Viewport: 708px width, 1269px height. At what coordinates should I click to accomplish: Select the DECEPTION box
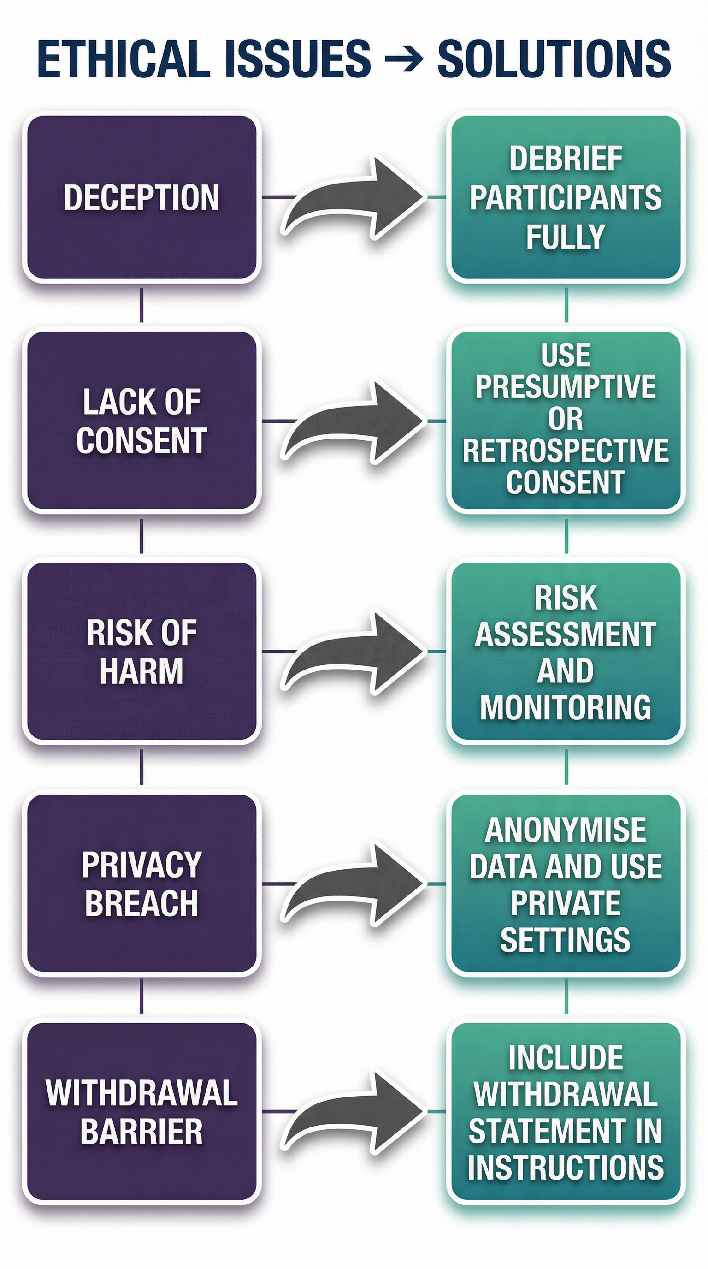coord(142,197)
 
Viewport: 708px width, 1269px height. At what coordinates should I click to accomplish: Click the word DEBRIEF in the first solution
coord(566,159)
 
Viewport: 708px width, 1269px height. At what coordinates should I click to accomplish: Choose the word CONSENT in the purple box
coord(142,440)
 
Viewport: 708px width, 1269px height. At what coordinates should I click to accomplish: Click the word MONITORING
coord(566,708)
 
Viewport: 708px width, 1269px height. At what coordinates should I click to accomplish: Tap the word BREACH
coord(142,903)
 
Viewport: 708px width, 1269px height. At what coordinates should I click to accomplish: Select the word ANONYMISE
coord(566,830)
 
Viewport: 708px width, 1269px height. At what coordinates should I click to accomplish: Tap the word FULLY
coord(566,237)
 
